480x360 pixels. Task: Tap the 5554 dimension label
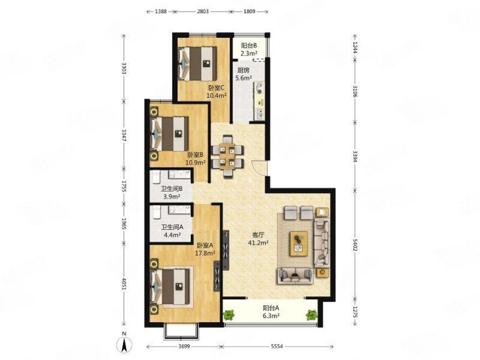(x=277, y=346)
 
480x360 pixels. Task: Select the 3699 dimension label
(x=184, y=346)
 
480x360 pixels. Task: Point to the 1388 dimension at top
(x=161, y=12)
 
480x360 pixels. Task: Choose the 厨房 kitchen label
(x=243, y=71)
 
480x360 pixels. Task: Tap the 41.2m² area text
(x=259, y=243)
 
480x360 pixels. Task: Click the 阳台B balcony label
(x=249, y=45)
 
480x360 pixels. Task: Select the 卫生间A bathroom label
(x=172, y=227)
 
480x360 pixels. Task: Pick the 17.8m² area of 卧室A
(x=205, y=253)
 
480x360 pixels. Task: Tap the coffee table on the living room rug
(x=299, y=243)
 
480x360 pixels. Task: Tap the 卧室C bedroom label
(x=216, y=88)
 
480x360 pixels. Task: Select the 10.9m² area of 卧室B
(x=195, y=162)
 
